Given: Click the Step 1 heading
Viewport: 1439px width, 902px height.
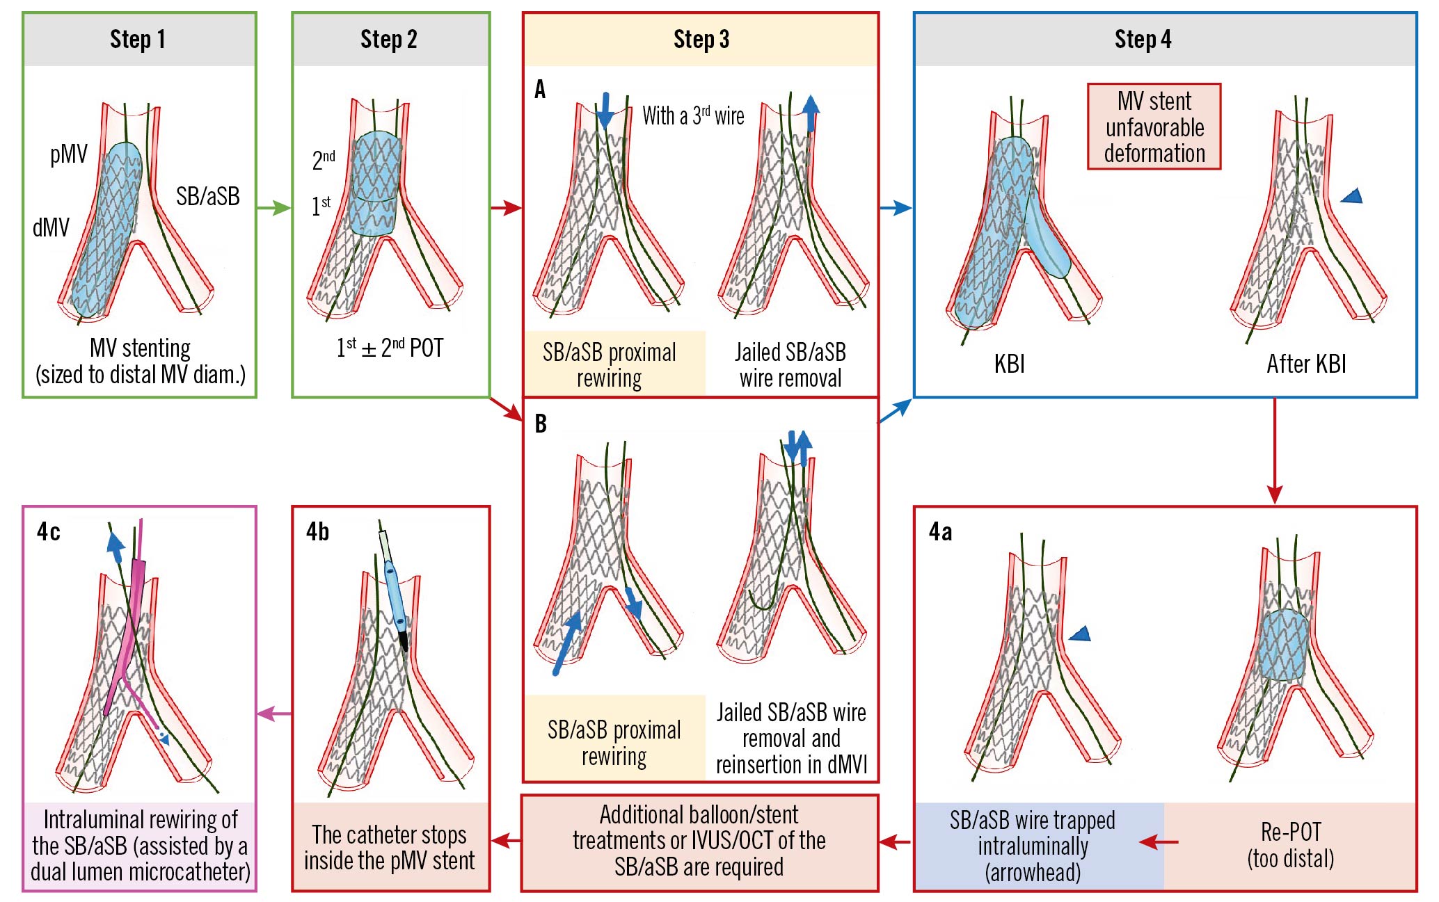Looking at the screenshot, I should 138,40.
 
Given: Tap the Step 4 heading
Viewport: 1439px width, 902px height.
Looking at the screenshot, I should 1143,40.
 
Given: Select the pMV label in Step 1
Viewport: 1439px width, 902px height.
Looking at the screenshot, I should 69,154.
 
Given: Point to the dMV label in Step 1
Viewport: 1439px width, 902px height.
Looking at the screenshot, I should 51,227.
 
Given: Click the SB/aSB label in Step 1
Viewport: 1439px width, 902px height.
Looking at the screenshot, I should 207,197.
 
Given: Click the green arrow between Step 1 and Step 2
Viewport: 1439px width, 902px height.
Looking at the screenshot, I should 273,207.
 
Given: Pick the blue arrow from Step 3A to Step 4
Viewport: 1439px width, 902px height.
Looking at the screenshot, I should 896,207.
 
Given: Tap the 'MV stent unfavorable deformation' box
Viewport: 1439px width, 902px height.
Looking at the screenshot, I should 1154,127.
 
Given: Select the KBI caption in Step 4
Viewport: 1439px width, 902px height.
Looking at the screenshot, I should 1009,364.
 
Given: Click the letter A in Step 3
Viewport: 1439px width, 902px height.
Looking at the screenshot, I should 540,90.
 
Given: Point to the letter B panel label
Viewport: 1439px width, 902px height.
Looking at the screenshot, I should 541,424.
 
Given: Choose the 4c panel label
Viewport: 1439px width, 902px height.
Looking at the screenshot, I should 48,532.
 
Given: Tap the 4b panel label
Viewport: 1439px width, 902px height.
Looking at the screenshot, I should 317,532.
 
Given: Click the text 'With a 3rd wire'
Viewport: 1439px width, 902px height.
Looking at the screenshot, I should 693,115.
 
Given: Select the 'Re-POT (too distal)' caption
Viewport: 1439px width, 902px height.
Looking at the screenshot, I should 1290,845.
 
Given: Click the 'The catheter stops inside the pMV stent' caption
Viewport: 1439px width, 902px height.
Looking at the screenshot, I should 390,847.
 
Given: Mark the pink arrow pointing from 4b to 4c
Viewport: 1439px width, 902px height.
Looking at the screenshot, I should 274,714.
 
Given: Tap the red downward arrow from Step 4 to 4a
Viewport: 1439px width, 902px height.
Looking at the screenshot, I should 1274,452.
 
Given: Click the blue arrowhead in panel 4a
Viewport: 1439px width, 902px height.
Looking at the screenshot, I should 1080,634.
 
